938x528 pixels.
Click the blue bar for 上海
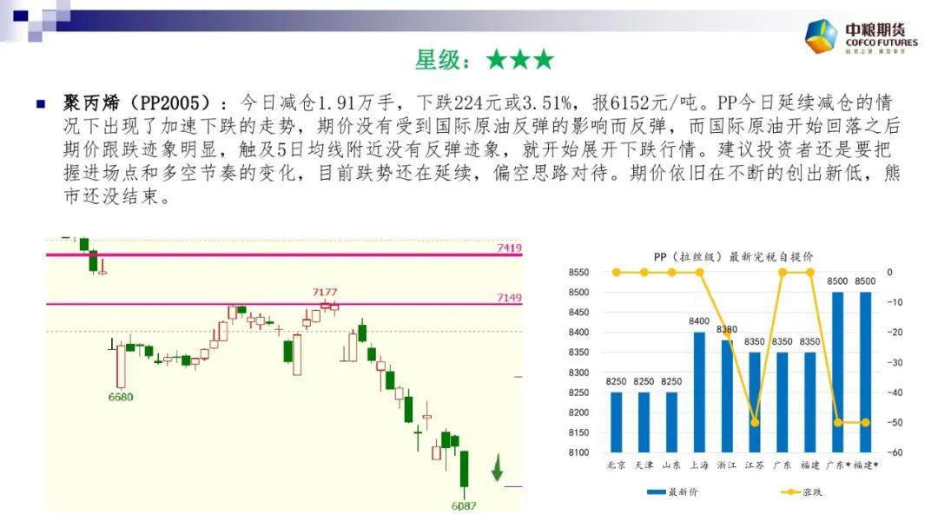[x=699, y=392]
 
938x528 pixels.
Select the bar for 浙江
[x=727, y=396]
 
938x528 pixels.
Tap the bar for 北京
[x=616, y=422]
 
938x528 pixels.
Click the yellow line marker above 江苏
[x=755, y=422]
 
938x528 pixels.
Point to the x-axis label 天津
[x=644, y=465]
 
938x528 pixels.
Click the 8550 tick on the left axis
[x=578, y=272]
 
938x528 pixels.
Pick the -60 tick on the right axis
[x=895, y=452]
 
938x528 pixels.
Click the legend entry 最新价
[x=672, y=492]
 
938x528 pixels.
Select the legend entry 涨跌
[x=802, y=492]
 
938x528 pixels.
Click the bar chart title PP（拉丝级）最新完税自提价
[x=733, y=257]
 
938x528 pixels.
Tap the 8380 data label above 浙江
[x=727, y=329]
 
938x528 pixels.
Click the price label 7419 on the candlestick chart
[x=509, y=247]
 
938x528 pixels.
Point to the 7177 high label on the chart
[x=324, y=292]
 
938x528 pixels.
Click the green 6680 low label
[x=120, y=397]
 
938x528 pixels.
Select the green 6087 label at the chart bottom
[x=464, y=506]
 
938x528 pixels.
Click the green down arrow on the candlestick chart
[x=497, y=467]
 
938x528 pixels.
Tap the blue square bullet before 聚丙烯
[x=42, y=104]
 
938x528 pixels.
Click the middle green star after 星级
[x=520, y=60]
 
